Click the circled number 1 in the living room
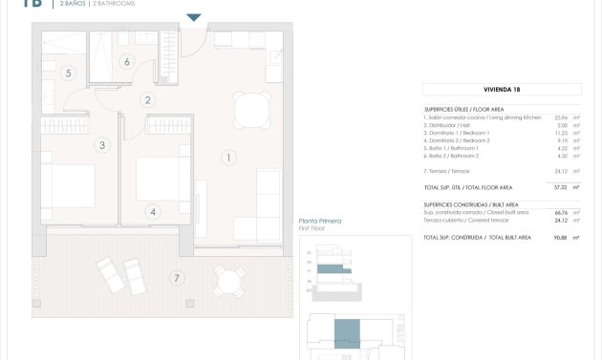[228, 157]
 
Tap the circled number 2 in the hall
[147, 99]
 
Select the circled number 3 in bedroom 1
[101, 145]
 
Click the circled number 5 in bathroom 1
[68, 73]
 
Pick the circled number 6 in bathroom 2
[126, 63]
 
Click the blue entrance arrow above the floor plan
[194, 17]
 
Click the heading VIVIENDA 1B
[502, 89]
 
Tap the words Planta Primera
[320, 222]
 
